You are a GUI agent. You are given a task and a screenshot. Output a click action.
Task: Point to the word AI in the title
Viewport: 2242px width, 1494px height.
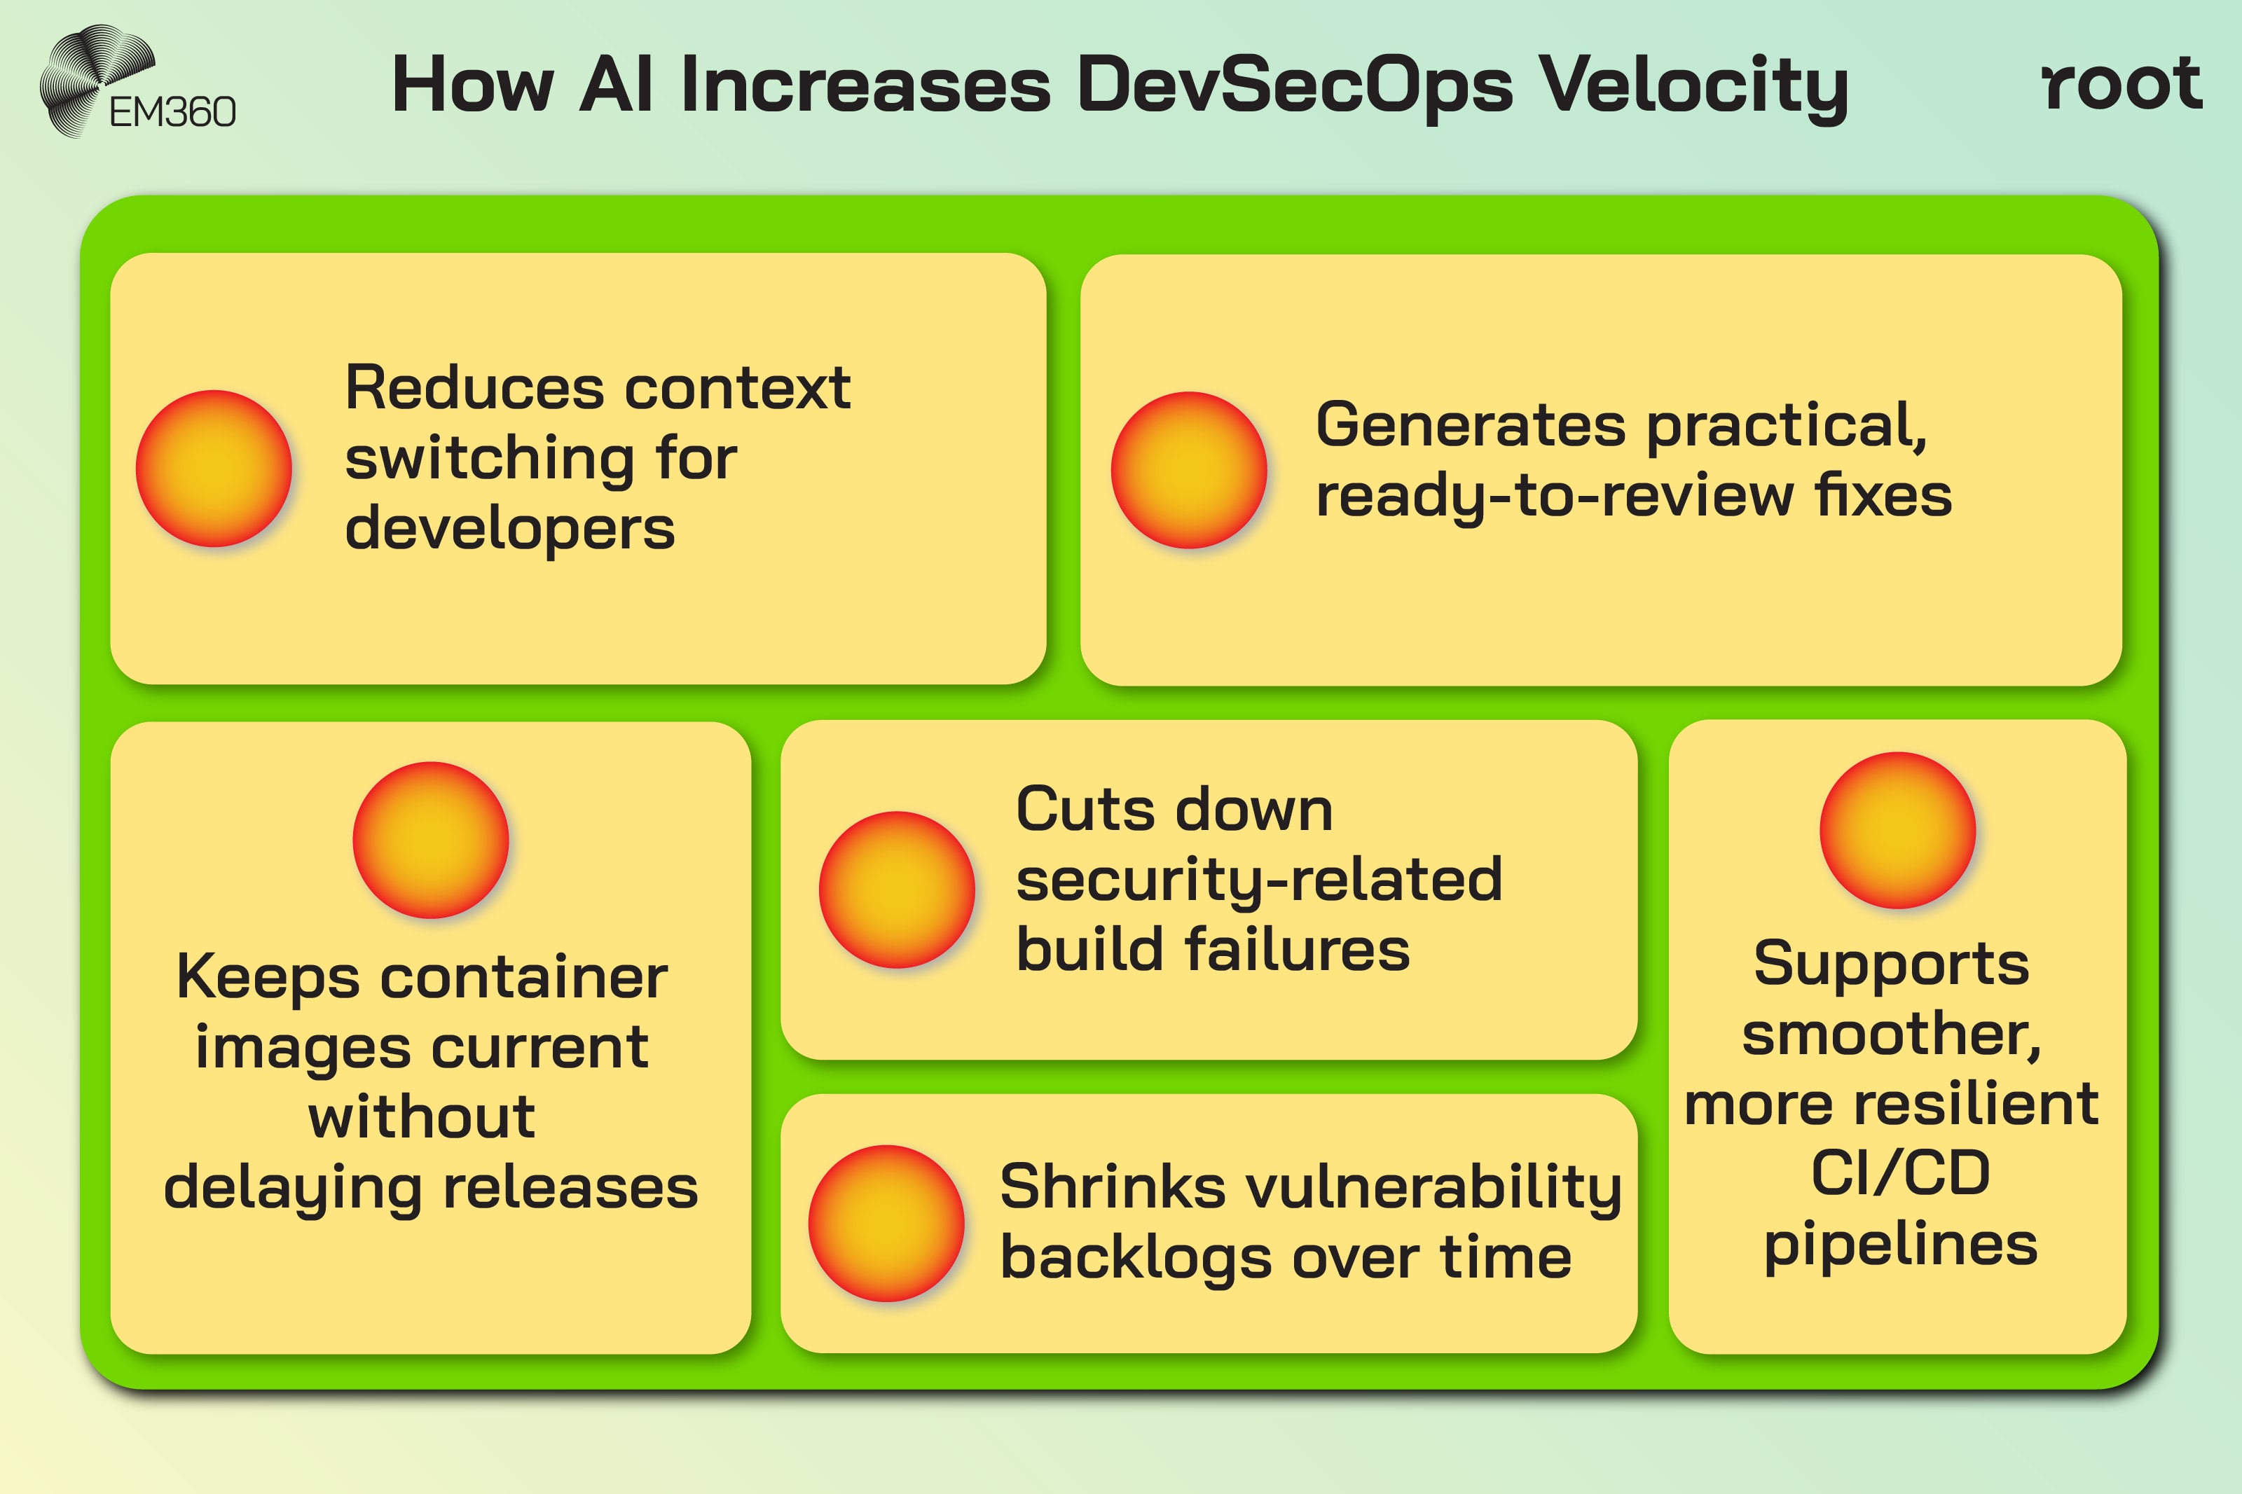[617, 85]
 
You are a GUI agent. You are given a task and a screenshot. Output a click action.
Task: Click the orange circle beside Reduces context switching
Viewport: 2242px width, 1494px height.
[214, 469]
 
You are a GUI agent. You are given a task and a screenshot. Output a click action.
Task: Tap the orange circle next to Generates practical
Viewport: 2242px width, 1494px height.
[1188, 470]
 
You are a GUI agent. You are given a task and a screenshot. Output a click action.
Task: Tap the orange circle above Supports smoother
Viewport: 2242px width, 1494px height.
[1897, 830]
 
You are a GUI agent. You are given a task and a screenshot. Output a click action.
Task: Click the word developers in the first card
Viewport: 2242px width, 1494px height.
[510, 529]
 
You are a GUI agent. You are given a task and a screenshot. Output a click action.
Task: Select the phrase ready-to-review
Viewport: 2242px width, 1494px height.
[1554, 497]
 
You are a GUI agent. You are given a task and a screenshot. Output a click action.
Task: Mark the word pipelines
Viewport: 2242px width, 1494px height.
[1900, 1245]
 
